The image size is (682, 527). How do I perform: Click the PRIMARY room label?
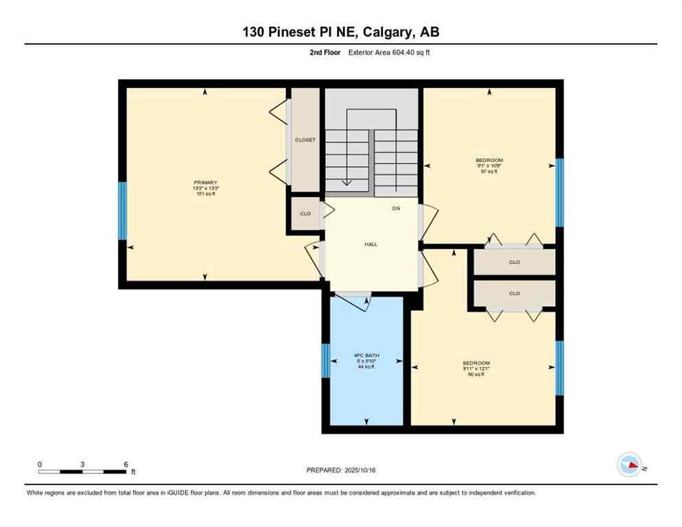tap(206, 182)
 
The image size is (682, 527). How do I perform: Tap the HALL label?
tap(371, 244)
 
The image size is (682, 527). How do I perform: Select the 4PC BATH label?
tap(366, 355)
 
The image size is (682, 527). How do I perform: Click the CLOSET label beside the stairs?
tap(305, 140)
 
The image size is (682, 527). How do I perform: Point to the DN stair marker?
tap(396, 208)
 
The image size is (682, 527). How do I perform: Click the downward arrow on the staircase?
tap(348, 180)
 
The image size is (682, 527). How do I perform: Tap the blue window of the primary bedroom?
tap(123, 211)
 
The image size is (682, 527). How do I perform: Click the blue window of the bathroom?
tap(326, 361)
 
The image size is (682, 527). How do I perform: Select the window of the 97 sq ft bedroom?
tap(559, 192)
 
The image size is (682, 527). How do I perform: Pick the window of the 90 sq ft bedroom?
tap(559, 368)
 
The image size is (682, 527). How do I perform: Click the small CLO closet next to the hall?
tap(305, 214)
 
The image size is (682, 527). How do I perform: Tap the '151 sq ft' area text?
tap(206, 194)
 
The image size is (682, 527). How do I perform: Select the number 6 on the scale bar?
tap(126, 465)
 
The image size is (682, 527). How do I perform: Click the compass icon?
tap(629, 465)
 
